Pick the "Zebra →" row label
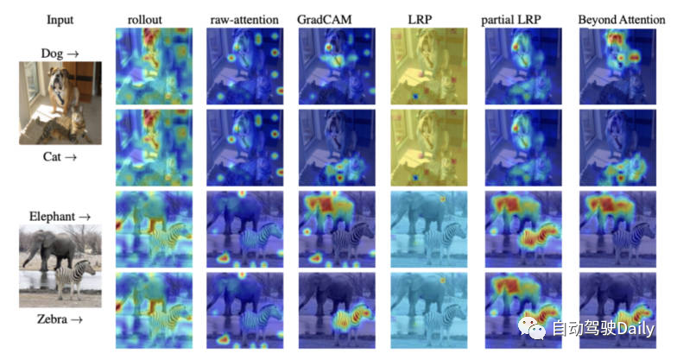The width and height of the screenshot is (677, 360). [x=60, y=319]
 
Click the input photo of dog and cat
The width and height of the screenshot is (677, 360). [x=60, y=104]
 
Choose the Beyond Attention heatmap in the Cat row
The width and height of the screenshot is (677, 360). [x=614, y=148]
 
